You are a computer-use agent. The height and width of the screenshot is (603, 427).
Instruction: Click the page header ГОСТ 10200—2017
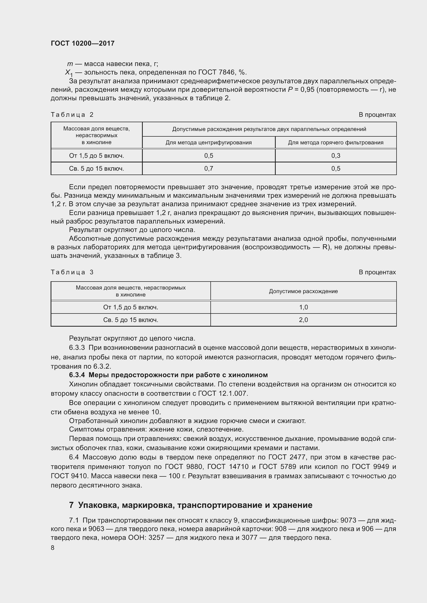point(83,43)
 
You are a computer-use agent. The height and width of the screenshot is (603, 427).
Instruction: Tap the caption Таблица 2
point(72,115)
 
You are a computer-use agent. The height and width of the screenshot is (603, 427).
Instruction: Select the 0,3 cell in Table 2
point(336,156)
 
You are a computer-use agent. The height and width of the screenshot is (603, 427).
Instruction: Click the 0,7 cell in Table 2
point(209,169)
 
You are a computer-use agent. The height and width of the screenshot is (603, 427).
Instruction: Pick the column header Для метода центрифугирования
point(209,143)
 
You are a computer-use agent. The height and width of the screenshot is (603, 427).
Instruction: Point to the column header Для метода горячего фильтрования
point(336,143)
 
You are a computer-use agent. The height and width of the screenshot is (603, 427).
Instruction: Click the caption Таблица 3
point(72,272)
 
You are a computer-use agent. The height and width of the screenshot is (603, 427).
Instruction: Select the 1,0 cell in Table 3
point(303,307)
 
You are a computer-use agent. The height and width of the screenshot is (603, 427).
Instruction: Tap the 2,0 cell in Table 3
point(303,320)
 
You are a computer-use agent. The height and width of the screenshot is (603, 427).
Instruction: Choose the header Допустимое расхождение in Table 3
point(303,291)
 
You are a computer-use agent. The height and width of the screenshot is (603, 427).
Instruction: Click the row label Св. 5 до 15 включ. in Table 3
point(131,320)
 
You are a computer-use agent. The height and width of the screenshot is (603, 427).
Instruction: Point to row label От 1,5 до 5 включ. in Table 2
point(97,156)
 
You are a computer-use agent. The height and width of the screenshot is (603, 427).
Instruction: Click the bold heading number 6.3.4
point(77,375)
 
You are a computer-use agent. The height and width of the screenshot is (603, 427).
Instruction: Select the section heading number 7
point(71,505)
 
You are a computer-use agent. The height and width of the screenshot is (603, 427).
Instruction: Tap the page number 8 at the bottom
point(53,548)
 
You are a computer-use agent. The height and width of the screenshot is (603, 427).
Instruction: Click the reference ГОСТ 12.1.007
point(223,393)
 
